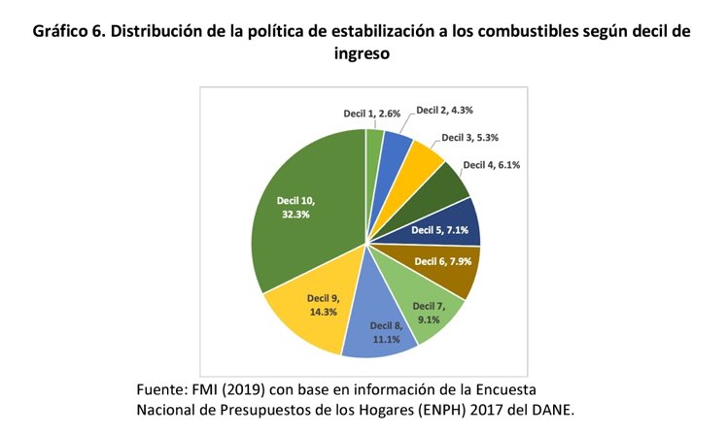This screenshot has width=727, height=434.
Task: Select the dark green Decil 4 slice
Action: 442,184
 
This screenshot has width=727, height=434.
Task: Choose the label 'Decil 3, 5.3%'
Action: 476,138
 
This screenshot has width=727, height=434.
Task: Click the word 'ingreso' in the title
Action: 362,54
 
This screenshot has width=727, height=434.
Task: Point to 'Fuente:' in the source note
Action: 167,388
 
